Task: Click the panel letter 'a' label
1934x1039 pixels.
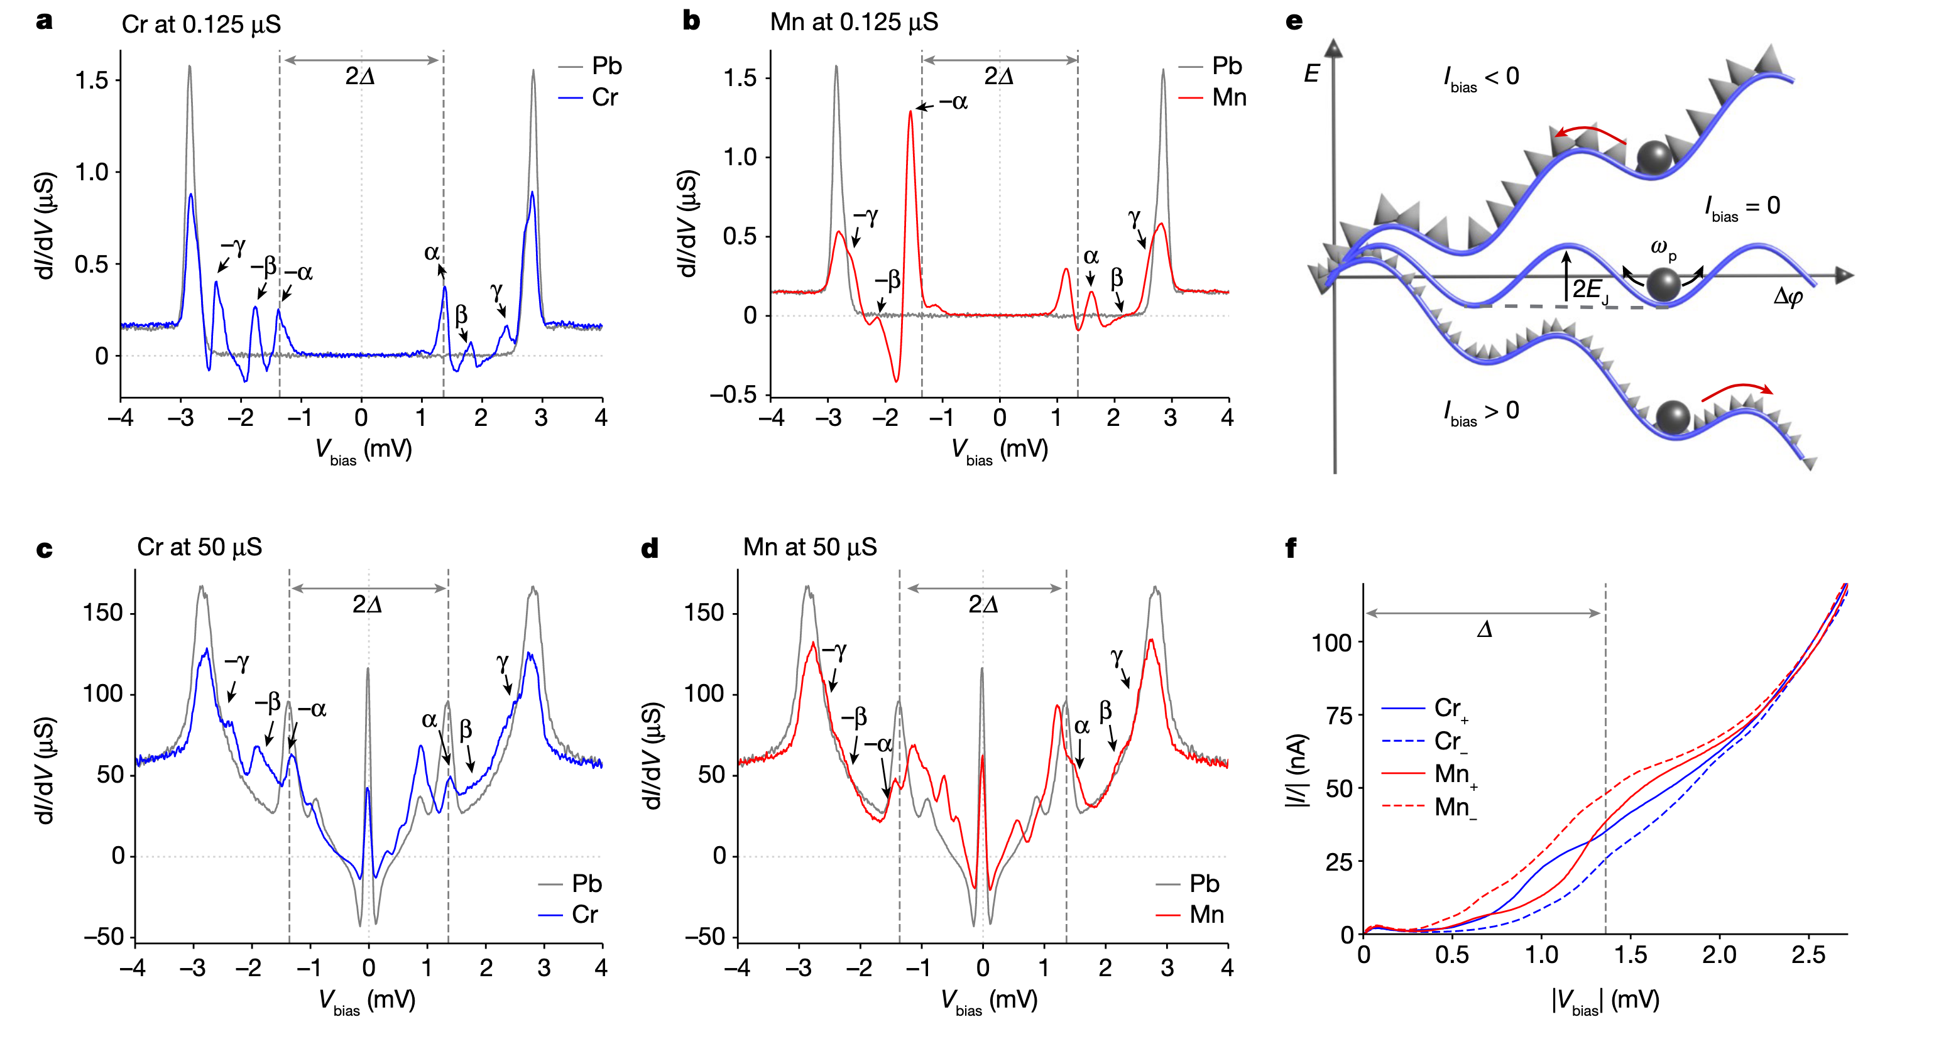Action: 44,21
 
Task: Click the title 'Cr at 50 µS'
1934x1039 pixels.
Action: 199,547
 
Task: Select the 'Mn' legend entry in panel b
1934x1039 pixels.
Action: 1228,97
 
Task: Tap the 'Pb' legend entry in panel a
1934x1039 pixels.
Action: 606,66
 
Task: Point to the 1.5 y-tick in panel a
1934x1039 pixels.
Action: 92,80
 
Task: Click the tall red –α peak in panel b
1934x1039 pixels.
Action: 910,112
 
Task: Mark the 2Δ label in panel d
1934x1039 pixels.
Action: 983,604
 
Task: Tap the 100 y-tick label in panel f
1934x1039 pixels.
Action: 1331,643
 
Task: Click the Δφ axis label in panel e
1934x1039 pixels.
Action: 1788,297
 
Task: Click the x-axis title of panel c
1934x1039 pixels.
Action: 366,1001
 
